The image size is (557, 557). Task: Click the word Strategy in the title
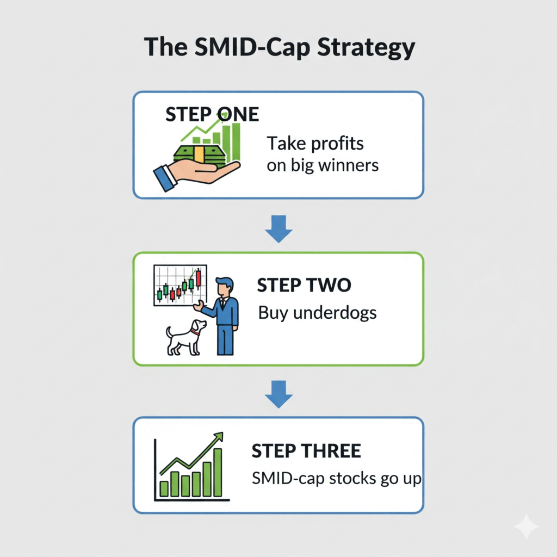pyautogui.click(x=366, y=47)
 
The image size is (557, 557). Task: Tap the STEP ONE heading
pyautogui.click(x=212, y=114)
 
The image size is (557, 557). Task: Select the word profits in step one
pyautogui.click(x=337, y=144)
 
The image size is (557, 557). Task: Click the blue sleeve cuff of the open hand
pyautogui.click(x=165, y=178)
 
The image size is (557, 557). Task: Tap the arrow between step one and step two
pyautogui.click(x=278, y=229)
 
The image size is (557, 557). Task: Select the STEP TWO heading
pyautogui.click(x=304, y=285)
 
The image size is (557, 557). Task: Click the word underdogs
pyautogui.click(x=335, y=313)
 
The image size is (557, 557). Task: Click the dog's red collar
pyautogui.click(x=195, y=333)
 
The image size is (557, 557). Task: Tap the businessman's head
pyautogui.click(x=225, y=286)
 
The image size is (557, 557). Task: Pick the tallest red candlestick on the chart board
pyautogui.click(x=198, y=277)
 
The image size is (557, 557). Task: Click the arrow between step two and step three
pyautogui.click(x=278, y=394)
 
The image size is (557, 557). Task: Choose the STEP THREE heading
pyautogui.click(x=306, y=451)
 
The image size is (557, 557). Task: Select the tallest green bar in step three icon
pyautogui.click(x=218, y=473)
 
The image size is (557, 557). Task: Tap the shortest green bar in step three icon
pyautogui.click(x=164, y=489)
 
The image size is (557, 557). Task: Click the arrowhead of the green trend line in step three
pyautogui.click(x=219, y=437)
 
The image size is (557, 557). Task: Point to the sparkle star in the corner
pyautogui.click(x=527, y=527)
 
